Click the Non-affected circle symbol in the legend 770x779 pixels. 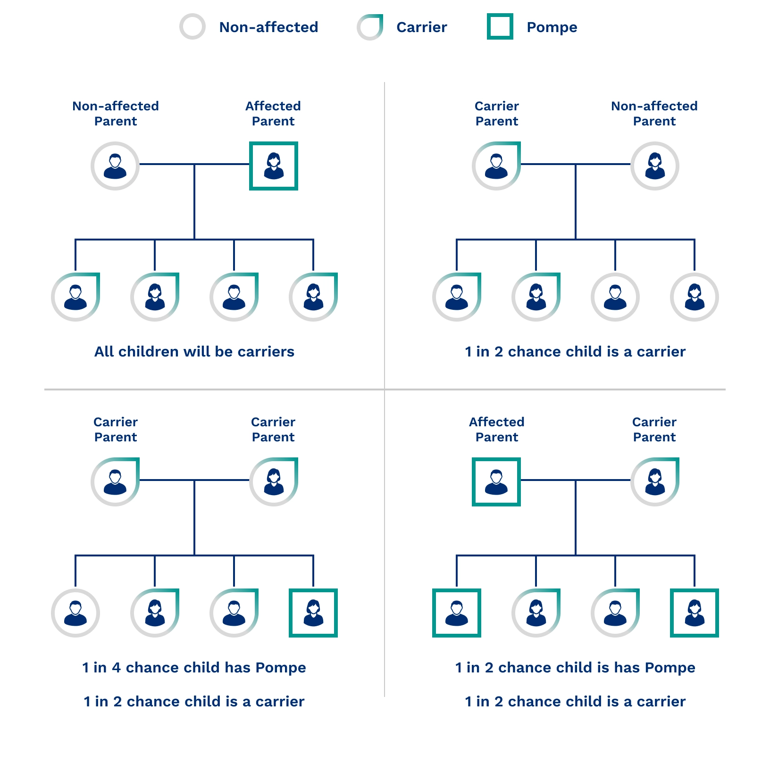192,27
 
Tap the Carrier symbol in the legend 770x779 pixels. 370,27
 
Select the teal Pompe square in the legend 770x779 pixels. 500,27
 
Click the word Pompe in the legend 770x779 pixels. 552,27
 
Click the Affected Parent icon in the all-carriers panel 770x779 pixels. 274,166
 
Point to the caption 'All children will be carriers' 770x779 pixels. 194,352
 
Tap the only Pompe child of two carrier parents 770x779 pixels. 313,613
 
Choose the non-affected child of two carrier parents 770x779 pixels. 75,613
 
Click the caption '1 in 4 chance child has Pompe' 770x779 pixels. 194,668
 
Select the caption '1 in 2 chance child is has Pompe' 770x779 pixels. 575,668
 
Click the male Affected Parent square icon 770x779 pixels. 496,482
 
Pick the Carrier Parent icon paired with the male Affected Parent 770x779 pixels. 655,482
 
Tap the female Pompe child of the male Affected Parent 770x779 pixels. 695,613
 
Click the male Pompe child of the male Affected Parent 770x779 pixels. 457,613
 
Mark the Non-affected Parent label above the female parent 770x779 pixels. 654,114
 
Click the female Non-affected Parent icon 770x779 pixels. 655,166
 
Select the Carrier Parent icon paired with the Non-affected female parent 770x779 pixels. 496,166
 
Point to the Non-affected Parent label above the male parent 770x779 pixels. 116,114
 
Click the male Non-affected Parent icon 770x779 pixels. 115,166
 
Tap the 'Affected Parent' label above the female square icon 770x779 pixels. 273,114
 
